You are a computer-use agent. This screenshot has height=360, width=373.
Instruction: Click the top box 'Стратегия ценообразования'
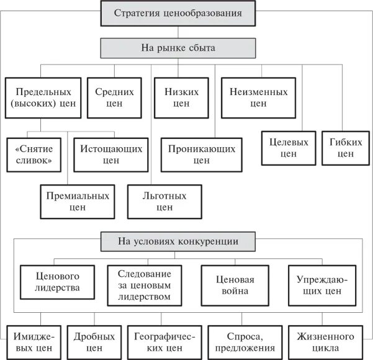[178, 12]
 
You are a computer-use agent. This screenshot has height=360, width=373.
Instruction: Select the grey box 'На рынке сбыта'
[178, 47]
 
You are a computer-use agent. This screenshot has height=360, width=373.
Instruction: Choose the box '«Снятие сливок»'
[34, 155]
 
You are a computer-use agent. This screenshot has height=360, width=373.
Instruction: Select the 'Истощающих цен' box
[111, 155]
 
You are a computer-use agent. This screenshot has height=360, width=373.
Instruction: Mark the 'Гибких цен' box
[345, 148]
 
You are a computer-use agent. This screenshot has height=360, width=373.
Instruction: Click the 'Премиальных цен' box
[78, 202]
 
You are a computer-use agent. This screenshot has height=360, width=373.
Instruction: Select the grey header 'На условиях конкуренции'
[178, 241]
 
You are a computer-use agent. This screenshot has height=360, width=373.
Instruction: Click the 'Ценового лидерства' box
[58, 282]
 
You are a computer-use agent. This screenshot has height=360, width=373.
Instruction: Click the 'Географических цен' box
[164, 342]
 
